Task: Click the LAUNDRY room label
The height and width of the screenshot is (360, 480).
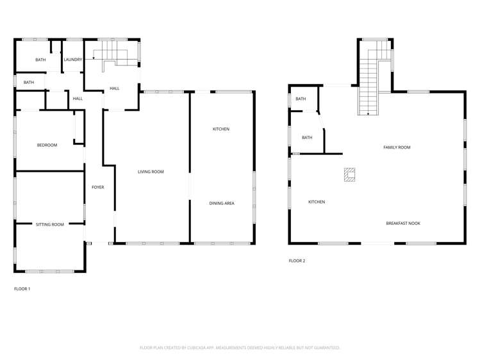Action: pos(72,60)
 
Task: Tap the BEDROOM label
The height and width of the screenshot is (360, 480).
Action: pos(47,145)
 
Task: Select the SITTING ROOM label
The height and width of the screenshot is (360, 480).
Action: pos(49,225)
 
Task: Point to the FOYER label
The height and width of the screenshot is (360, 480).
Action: pos(97,187)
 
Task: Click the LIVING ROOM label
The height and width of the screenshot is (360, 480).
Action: pos(151,172)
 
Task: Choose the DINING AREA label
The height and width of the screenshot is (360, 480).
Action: pos(222,203)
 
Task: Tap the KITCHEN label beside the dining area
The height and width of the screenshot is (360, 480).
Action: pos(221,129)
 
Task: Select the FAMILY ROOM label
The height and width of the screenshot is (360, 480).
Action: pos(397,148)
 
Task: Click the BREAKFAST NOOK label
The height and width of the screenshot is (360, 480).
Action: pos(403,223)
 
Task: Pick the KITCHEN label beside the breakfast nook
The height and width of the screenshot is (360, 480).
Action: pos(317,202)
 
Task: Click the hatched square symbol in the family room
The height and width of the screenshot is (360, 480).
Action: pos(349,174)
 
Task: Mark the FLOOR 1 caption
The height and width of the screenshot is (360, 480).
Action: pos(22,289)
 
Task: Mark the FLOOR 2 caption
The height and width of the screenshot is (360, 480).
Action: pos(297,261)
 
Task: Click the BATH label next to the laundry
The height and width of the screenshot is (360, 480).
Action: pos(40,60)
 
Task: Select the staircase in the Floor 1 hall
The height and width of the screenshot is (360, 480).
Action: pos(115,56)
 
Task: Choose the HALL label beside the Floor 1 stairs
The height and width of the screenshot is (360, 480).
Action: pos(114,88)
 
